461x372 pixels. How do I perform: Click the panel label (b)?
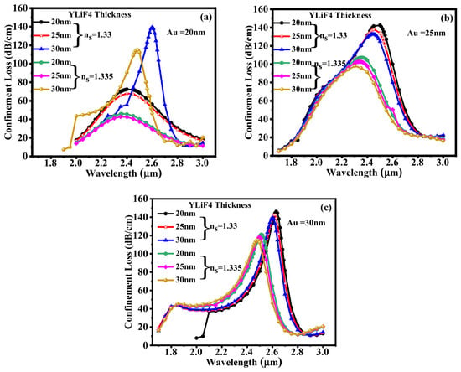pos(447,18)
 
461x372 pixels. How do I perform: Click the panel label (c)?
pos(326,208)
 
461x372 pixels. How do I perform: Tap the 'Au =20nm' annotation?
pos(186,33)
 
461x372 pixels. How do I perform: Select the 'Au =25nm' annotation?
pos(427,33)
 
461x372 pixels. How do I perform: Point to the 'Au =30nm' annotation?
pos(306,223)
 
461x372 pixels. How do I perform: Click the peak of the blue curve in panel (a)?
pos(152,27)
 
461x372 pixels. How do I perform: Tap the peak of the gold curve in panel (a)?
pos(137,50)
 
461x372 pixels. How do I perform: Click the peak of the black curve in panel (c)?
pos(276,212)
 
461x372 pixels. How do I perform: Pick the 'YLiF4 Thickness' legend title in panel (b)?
pos(339,15)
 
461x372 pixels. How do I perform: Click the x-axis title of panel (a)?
pos(123,173)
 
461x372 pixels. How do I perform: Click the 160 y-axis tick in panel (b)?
pos(262,9)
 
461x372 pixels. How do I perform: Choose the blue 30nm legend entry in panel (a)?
pos(53,49)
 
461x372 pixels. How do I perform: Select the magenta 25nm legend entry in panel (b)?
pos(293,76)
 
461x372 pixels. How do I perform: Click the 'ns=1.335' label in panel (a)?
pos(95,76)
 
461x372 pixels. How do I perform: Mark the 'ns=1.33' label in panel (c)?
pos(223,226)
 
